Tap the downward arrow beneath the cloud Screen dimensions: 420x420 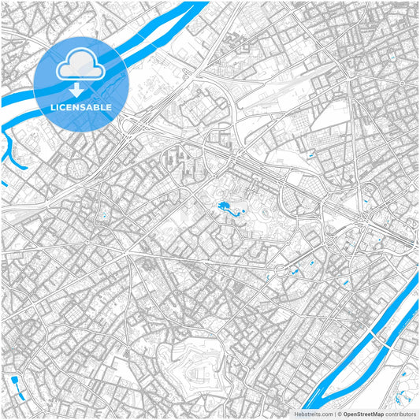point(80,90)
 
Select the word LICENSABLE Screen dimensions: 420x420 point(80,106)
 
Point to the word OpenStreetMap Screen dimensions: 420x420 point(362,413)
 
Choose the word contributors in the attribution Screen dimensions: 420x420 point(401,413)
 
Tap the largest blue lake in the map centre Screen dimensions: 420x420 point(221,209)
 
